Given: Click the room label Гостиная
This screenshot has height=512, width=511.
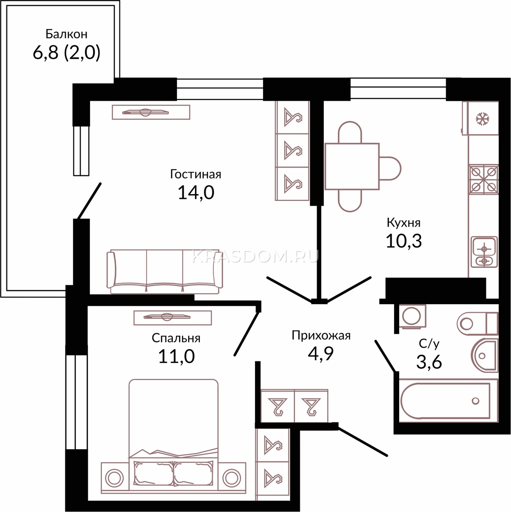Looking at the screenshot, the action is [196, 175].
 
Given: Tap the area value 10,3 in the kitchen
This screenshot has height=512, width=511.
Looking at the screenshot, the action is [404, 241].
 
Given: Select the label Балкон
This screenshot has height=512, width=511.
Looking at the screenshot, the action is [67, 34].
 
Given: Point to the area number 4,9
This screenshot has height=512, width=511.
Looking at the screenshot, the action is [321, 353].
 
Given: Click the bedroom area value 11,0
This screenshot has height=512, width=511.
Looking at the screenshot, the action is [177, 356].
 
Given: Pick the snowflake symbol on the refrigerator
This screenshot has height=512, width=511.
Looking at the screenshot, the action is [482, 119].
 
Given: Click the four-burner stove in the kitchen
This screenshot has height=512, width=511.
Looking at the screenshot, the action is [484, 180].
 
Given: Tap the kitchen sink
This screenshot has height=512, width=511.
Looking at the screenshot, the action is [484, 252].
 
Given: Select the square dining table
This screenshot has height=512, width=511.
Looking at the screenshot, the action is [352, 166].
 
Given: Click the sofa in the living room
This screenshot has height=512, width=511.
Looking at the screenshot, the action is [165, 271].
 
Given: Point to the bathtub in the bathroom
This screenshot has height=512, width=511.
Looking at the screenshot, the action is [448, 401].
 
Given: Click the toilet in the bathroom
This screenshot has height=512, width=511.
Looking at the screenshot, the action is [477, 323].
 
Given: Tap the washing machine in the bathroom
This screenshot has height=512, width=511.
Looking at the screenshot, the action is [412, 317].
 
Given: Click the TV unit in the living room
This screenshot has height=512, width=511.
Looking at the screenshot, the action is [151, 112].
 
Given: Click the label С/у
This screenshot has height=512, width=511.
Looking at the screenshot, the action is [429, 344].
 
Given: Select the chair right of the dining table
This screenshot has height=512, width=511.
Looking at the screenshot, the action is [390, 169].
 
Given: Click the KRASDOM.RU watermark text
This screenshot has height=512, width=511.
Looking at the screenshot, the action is [255, 257].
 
